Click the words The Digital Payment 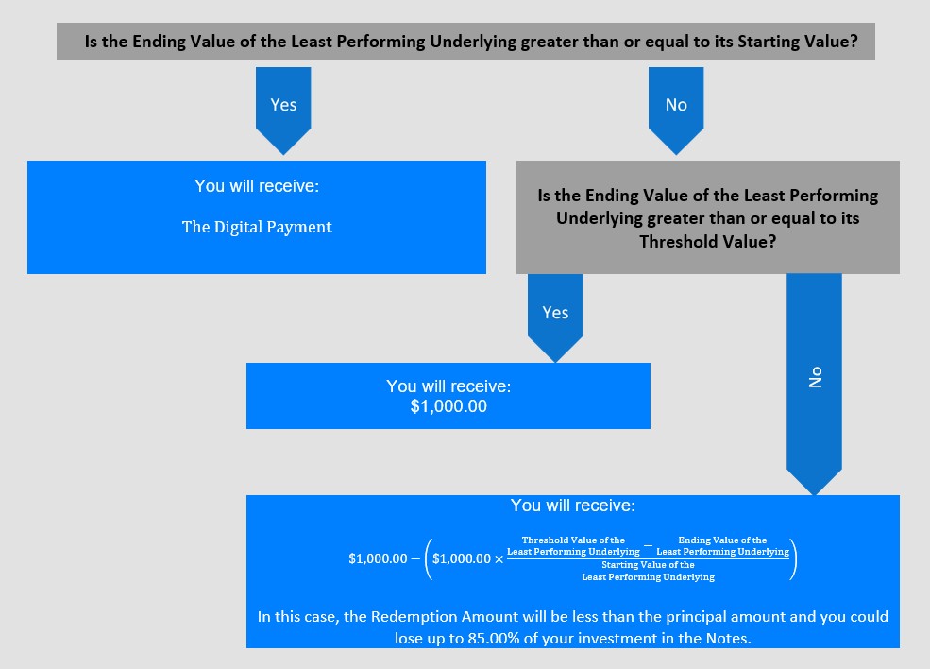tap(257, 228)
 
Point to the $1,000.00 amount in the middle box tap(448, 406)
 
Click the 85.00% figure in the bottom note tap(495, 638)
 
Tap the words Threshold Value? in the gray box tap(707, 242)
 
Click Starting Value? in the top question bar tap(798, 42)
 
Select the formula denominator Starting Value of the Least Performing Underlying tap(649, 571)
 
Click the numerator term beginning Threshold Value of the tap(573, 546)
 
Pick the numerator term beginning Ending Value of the tap(722, 546)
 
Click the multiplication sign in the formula tap(499, 559)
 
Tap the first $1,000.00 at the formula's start tap(378, 558)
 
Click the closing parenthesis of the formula tap(794, 558)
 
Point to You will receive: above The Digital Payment tap(257, 186)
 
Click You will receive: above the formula tap(573, 506)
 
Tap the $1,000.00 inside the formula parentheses tap(462, 558)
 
